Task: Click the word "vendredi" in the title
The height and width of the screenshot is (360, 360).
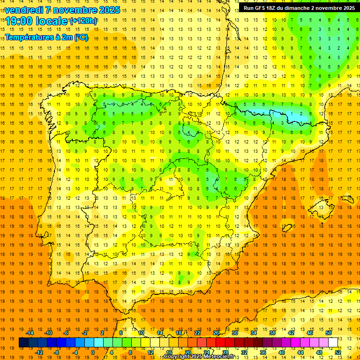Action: pos(24,10)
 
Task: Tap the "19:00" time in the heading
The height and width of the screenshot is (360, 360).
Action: pos(19,21)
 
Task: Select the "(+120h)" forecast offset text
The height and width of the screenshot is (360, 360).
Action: pos(83,21)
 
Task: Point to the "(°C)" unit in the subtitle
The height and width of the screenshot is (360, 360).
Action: pos(80,37)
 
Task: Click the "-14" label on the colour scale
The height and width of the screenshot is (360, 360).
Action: pos(30,333)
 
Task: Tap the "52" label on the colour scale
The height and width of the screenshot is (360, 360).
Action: pos(338,352)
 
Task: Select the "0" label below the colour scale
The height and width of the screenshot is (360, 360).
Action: pos(93,352)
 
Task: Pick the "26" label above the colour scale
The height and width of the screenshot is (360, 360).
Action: pos(216,333)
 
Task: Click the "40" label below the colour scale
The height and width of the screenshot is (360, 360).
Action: pos(282,352)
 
